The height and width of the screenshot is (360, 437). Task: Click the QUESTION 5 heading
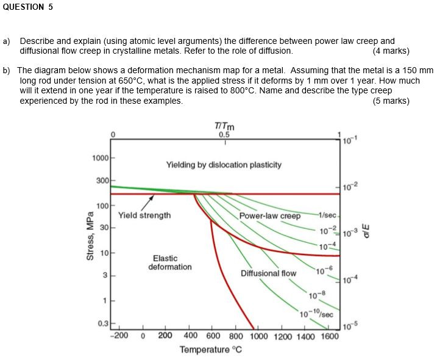27,7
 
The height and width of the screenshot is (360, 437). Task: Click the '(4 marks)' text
391,51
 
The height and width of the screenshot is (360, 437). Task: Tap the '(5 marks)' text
391,101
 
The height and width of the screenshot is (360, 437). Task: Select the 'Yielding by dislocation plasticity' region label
224,165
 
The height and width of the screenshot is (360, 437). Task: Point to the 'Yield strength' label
144,215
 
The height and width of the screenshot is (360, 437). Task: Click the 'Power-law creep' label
270,216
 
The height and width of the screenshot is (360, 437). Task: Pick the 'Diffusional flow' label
268,273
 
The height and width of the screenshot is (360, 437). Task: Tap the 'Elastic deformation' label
170,262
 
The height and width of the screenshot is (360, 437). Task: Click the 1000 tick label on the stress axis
101,158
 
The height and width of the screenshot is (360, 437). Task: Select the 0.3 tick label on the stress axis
103,324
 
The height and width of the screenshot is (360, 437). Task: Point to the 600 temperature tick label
213,336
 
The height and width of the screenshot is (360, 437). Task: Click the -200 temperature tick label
119,335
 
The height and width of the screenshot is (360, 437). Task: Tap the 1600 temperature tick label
330,336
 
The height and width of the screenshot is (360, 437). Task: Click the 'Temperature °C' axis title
211,350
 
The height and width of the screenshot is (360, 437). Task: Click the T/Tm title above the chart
224,126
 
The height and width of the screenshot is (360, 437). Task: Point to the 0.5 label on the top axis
224,135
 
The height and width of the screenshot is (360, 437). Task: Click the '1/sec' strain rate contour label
328,215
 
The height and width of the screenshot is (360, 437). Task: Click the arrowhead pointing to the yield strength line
152,197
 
